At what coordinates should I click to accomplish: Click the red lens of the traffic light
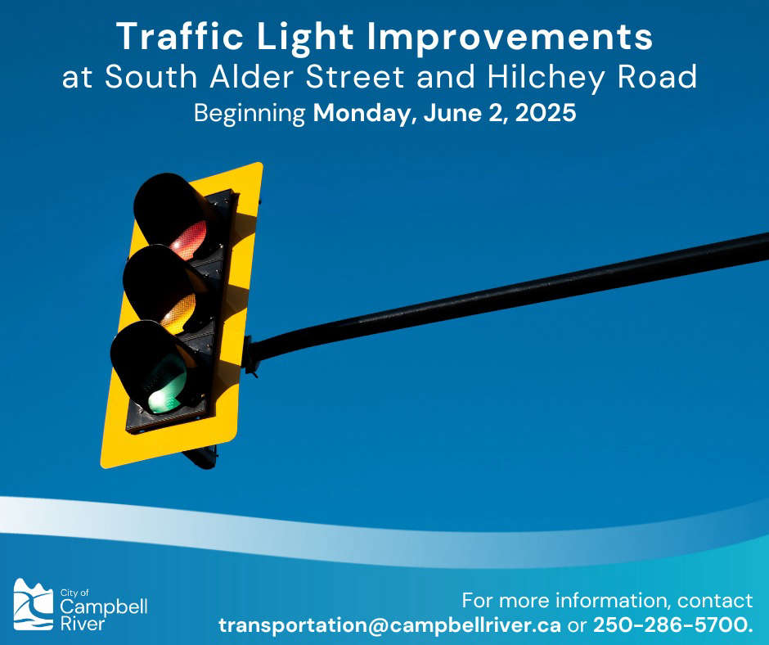click(189, 240)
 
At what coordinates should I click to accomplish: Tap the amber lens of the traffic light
click(178, 313)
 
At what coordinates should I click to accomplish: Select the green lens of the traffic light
click(168, 385)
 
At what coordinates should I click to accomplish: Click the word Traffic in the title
click(180, 36)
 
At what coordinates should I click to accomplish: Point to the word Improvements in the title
click(510, 38)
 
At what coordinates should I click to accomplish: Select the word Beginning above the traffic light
click(250, 114)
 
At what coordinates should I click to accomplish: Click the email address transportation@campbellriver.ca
click(389, 625)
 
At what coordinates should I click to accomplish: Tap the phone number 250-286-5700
click(672, 625)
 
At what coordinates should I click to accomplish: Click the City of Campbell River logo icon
click(33, 604)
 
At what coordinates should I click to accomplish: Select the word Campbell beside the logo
click(103, 607)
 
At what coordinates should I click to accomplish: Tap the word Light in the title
click(304, 38)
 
